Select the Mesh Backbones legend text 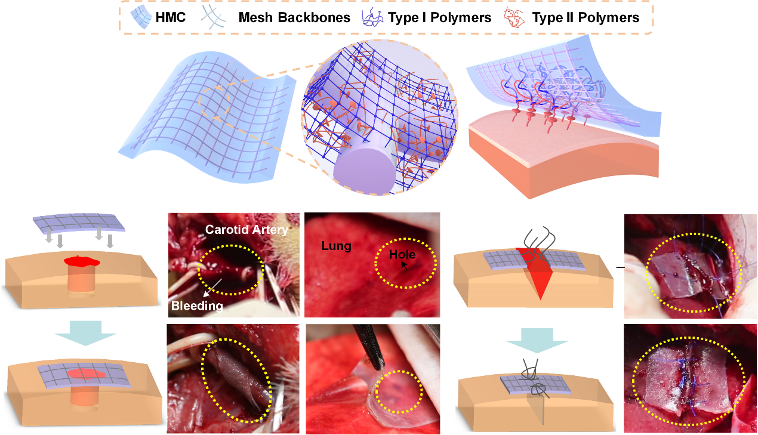pyautogui.click(x=294, y=17)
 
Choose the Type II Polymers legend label pyautogui.click(x=586, y=17)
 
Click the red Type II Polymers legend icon pyautogui.click(x=516, y=17)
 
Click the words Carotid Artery pyautogui.click(x=246, y=230)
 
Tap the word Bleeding pyautogui.click(x=197, y=306)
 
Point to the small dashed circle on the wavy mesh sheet pyautogui.click(x=218, y=101)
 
